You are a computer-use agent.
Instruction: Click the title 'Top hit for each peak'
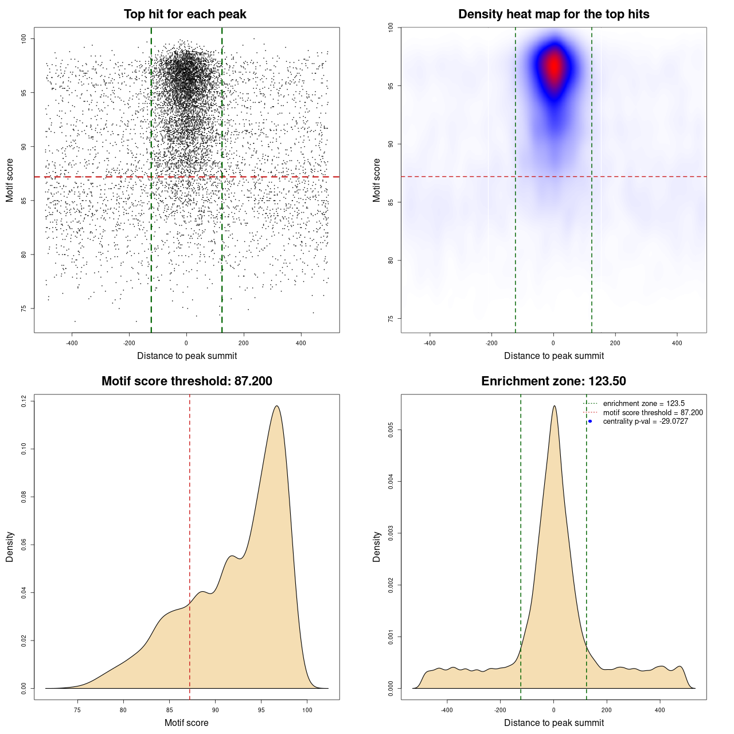(x=185, y=14)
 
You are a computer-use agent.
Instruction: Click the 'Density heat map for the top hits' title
(x=553, y=14)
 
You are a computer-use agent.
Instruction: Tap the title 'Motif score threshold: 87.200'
(x=186, y=381)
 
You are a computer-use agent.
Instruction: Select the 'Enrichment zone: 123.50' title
(x=553, y=381)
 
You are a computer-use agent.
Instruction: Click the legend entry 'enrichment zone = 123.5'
(x=643, y=404)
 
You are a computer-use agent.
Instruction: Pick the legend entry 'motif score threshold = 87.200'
(x=653, y=413)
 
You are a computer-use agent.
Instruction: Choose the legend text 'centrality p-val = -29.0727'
(x=645, y=421)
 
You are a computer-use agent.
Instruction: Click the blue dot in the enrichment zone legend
(x=590, y=421)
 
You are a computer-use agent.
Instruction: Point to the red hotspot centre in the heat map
(x=554, y=67)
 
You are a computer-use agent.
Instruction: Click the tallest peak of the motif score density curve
(x=277, y=406)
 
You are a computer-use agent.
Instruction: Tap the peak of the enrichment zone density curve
(x=554, y=406)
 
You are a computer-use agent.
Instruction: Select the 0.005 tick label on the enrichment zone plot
(x=391, y=430)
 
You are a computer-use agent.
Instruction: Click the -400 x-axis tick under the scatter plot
(x=72, y=343)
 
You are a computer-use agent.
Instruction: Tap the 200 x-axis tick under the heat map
(x=615, y=343)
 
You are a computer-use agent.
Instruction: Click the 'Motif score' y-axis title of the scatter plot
(x=10, y=180)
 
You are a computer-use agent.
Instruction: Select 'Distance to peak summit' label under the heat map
(x=553, y=356)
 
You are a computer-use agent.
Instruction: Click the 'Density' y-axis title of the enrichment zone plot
(x=377, y=546)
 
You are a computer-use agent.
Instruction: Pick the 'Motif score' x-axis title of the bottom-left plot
(x=186, y=723)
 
